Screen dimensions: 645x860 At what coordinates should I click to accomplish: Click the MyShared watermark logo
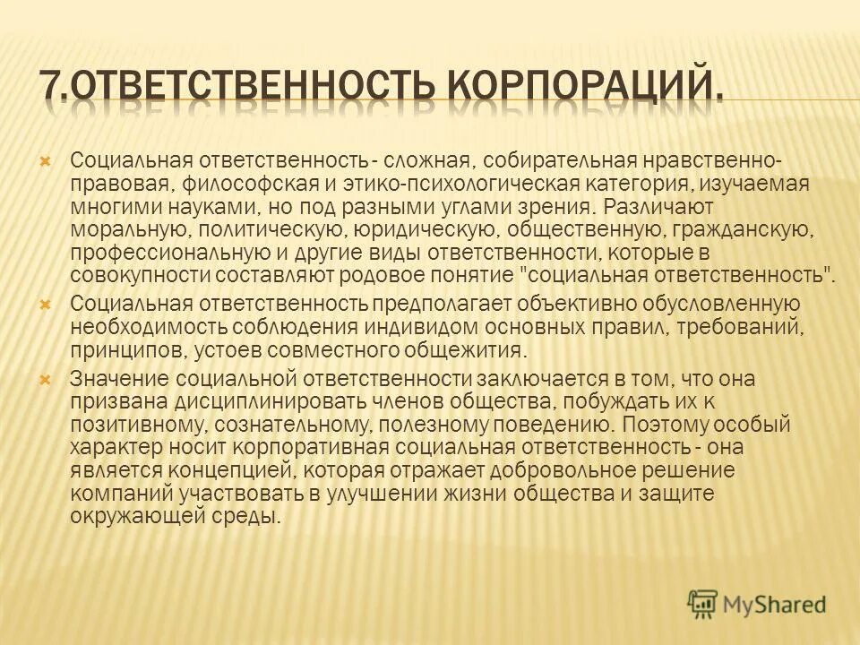point(758,604)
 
